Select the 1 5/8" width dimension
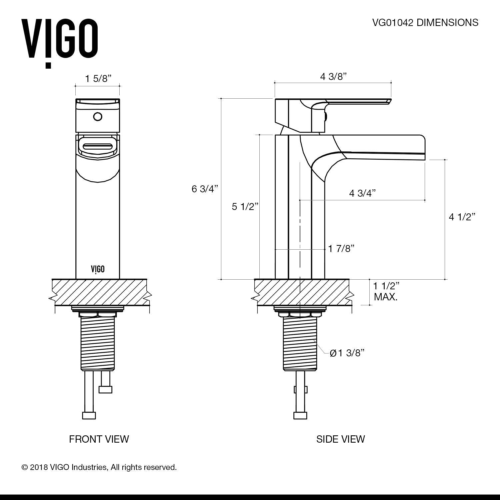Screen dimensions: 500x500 point(98,79)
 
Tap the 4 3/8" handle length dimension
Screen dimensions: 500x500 point(333,76)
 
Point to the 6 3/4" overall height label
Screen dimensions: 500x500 point(204,189)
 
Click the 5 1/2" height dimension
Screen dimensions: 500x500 point(245,207)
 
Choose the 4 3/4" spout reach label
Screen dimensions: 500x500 point(362,193)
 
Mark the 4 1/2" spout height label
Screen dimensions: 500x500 point(462,217)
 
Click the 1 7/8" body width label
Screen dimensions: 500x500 point(341,248)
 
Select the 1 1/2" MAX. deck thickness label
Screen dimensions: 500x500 point(386,291)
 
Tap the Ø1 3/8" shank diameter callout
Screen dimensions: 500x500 point(347,353)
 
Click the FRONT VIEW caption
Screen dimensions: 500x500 point(99,439)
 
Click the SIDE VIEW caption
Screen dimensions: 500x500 point(340,439)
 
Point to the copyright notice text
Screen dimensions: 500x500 point(99,467)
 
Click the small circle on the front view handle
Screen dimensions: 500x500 point(98,117)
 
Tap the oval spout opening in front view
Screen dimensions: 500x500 point(98,147)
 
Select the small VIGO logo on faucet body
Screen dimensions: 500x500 point(98,269)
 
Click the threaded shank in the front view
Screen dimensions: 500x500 point(97,343)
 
